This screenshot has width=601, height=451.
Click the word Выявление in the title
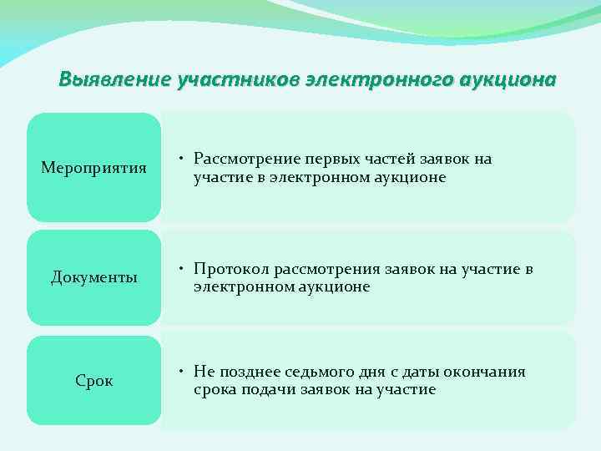(x=114, y=80)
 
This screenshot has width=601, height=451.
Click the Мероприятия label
(x=93, y=169)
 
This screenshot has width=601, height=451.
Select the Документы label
(x=93, y=277)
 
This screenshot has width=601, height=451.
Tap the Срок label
(x=93, y=381)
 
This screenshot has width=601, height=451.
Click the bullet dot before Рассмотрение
(x=180, y=159)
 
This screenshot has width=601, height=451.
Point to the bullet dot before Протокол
(x=180, y=270)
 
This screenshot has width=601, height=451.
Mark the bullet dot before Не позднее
(x=180, y=372)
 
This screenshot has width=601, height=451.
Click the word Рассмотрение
(x=246, y=159)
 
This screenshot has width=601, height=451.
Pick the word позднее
(x=253, y=372)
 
